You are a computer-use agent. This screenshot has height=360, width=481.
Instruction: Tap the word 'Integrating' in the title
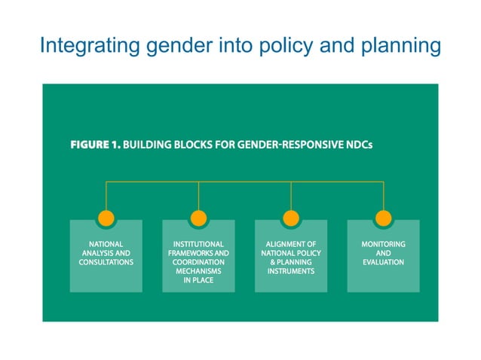pos(85,47)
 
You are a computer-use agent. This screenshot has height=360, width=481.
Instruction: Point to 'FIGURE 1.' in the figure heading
pos(95,144)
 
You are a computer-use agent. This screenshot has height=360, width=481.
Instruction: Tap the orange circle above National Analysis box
pos(106,218)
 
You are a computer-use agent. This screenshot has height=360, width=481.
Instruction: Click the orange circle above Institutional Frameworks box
pos(198,218)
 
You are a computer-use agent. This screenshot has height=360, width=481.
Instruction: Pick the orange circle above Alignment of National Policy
pos(291,218)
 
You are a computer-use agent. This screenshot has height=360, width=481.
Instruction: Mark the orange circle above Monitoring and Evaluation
pos(383,218)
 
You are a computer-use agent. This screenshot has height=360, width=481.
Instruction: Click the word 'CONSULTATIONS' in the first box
pos(106,263)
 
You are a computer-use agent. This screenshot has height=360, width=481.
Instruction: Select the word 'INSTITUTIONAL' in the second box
pos(198,245)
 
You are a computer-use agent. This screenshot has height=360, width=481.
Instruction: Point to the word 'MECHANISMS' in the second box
pos(198,271)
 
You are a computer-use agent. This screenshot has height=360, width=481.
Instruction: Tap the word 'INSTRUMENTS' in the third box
pos(291,271)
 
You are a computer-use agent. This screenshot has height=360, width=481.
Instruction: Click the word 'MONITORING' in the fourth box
pos(383,245)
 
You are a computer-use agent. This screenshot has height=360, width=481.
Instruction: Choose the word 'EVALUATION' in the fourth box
pos(383,263)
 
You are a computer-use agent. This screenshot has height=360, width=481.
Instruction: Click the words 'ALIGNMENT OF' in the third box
pos(291,245)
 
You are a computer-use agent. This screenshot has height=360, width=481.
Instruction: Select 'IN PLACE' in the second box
pos(198,280)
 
